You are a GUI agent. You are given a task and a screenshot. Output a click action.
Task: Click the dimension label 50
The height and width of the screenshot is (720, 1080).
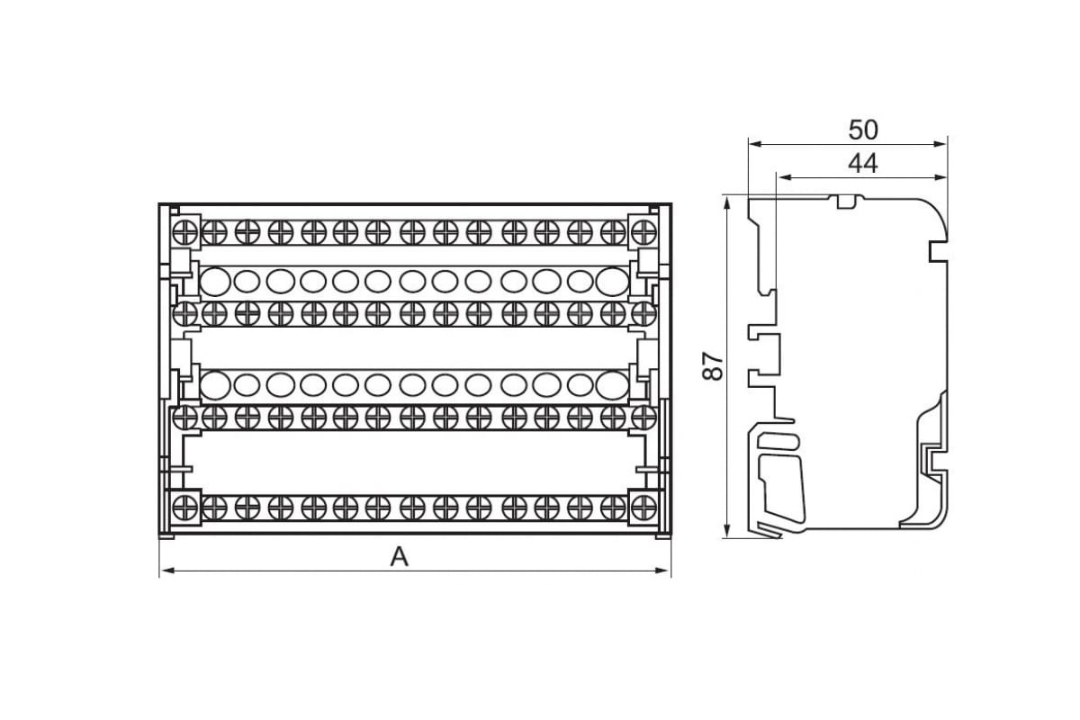tap(863, 130)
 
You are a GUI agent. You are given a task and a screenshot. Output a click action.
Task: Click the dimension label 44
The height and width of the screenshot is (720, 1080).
tap(863, 164)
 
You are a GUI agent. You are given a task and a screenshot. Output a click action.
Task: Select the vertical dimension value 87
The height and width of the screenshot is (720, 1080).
tap(713, 366)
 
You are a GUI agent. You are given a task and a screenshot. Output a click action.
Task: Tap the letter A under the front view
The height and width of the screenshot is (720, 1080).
tap(400, 557)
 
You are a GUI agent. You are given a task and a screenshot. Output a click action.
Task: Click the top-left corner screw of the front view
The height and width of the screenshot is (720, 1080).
tap(185, 232)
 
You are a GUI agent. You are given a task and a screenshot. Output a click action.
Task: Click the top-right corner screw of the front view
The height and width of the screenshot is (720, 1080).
tap(643, 232)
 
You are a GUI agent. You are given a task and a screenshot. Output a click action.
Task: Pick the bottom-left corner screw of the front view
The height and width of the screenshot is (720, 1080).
tap(185, 508)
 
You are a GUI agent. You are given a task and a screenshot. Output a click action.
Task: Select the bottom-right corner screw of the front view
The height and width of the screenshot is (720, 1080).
tap(643, 508)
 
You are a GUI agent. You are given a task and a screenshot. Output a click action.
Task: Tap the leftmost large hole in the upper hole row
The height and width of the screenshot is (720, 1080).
tap(215, 281)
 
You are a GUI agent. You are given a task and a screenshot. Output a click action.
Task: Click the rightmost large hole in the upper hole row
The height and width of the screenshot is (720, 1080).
tap(612, 281)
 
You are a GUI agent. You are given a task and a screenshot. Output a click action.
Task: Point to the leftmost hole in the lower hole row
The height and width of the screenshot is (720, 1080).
tap(215, 385)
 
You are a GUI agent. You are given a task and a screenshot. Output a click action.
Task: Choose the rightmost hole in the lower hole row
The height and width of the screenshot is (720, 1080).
tap(612, 385)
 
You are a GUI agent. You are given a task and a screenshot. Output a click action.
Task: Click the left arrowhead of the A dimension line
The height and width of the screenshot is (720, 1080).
tap(167, 571)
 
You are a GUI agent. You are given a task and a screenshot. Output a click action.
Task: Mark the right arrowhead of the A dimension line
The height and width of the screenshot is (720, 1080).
tap(663, 571)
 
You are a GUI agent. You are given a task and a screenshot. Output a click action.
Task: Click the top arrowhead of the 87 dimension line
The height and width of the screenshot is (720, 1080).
tap(727, 203)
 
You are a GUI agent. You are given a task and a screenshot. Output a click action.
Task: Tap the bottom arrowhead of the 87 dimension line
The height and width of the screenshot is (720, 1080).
tap(727, 530)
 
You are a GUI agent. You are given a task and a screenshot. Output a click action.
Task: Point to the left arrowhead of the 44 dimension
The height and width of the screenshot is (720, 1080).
tap(785, 177)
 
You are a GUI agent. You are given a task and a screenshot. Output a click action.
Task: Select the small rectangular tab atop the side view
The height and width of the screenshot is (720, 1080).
tap(846, 201)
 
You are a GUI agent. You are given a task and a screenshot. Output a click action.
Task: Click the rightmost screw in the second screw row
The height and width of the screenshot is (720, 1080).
tap(643, 314)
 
